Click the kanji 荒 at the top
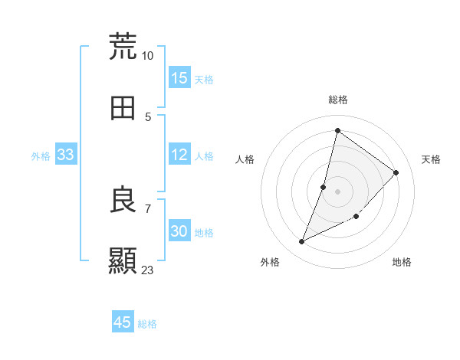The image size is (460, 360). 123,46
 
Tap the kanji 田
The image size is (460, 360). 123,109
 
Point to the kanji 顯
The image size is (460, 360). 123,260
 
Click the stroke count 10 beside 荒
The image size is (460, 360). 148,56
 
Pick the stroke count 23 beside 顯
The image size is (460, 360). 148,270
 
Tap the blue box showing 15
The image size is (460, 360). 179,78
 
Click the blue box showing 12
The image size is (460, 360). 179,155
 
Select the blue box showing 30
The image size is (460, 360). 179,231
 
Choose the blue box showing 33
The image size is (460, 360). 65,155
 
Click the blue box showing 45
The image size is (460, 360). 123,322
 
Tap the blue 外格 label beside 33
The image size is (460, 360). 41,155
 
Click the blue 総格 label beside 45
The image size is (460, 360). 147,324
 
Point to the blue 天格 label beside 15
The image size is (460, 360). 204,79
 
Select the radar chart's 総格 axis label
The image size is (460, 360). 337,100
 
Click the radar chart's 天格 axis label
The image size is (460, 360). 431,159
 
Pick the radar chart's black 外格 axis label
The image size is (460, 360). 270,263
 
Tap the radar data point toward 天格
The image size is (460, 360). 396,172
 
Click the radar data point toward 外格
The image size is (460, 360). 302,242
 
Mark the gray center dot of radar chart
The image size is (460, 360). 337,191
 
